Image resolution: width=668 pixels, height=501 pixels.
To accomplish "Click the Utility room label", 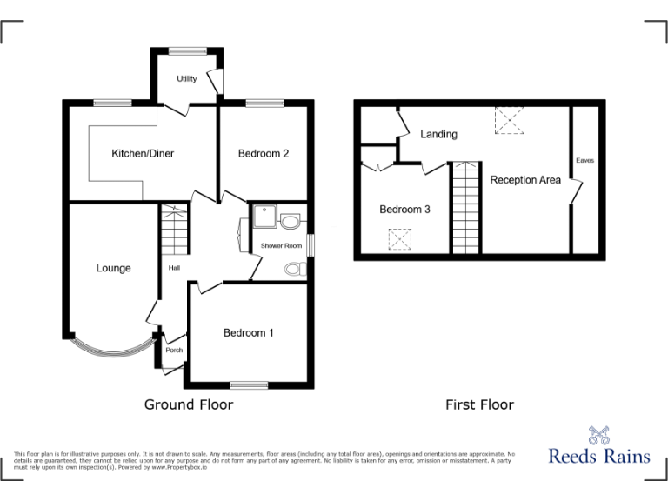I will coord(187,79).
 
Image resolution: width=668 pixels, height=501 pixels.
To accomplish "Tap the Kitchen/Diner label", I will coord(143,154).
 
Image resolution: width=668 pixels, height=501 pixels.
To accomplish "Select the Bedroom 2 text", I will coord(264,154).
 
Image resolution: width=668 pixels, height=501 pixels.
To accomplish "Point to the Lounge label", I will coord(113,268).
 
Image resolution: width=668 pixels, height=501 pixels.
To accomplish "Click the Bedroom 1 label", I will coord(249,332).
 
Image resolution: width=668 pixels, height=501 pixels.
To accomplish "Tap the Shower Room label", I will coord(281,246).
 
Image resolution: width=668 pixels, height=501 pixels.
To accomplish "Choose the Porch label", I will coord(174,351).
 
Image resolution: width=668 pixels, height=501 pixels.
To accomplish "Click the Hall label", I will coord(174,267).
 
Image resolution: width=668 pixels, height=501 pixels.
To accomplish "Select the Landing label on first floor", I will coord(438,134).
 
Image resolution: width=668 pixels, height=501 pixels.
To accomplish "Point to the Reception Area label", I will coord(525,180).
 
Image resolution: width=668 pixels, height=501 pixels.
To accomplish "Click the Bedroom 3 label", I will coord(404,210).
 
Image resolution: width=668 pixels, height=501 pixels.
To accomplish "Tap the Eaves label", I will coord(584,161).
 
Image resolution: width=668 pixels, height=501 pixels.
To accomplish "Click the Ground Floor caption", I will coord(189,404).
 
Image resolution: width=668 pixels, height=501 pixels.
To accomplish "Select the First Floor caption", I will coord(479,404).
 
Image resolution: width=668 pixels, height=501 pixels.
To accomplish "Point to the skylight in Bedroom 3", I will coord(399,238).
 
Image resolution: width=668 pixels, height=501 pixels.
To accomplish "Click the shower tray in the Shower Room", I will coord(264,216).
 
